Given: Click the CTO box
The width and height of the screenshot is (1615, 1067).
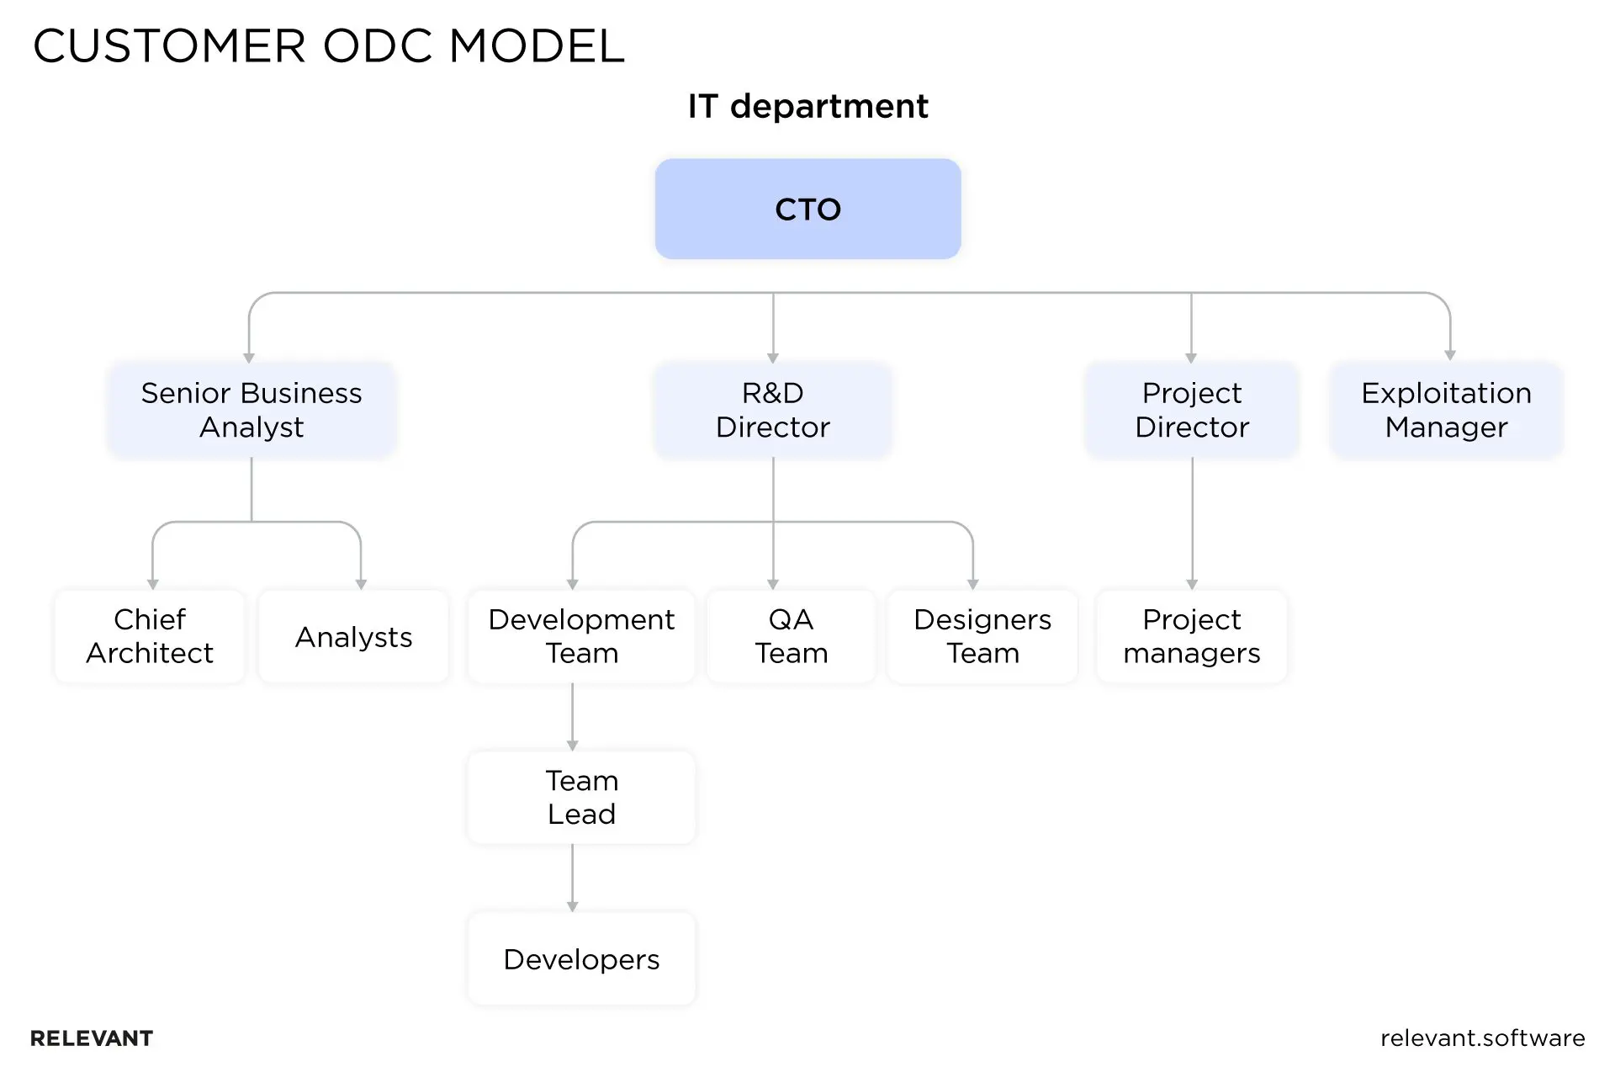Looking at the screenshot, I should pyautogui.click(x=807, y=209).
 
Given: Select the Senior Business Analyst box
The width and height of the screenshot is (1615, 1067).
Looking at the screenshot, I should pyautogui.click(x=252, y=410).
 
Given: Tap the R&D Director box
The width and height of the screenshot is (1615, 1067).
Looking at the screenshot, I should pyautogui.click(x=772, y=410).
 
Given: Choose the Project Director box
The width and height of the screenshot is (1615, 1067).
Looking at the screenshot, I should pyautogui.click(x=1191, y=410).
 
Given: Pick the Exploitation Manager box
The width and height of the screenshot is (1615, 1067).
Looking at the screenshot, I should pyautogui.click(x=1446, y=410).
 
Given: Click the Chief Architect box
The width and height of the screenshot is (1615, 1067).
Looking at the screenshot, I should pyautogui.click(x=150, y=636).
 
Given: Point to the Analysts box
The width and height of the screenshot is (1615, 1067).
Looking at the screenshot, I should pyautogui.click(x=353, y=637).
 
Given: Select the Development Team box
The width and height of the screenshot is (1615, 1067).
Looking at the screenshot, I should pyautogui.click(x=581, y=636).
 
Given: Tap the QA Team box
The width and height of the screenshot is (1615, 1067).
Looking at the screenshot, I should pyautogui.click(x=791, y=636).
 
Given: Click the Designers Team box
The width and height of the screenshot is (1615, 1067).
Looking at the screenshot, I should pyautogui.click(x=982, y=636).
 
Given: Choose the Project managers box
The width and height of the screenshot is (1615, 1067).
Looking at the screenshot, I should pyautogui.click(x=1191, y=636).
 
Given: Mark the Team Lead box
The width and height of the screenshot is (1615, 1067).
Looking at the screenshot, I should pyautogui.click(x=581, y=797).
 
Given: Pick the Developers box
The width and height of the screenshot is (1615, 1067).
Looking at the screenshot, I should pyautogui.click(x=581, y=958).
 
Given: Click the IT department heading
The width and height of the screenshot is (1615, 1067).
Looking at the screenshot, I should pyautogui.click(x=807, y=106).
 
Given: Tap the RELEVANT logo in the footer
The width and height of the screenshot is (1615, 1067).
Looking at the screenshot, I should pyautogui.click(x=92, y=1038).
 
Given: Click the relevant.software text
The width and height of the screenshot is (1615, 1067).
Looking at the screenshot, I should pyautogui.click(x=1482, y=1038).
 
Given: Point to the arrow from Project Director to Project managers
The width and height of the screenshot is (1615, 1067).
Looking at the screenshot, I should pyautogui.click(x=1192, y=522).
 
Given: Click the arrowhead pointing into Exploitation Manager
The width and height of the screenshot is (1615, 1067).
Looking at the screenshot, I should pyautogui.click(x=1449, y=355).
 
